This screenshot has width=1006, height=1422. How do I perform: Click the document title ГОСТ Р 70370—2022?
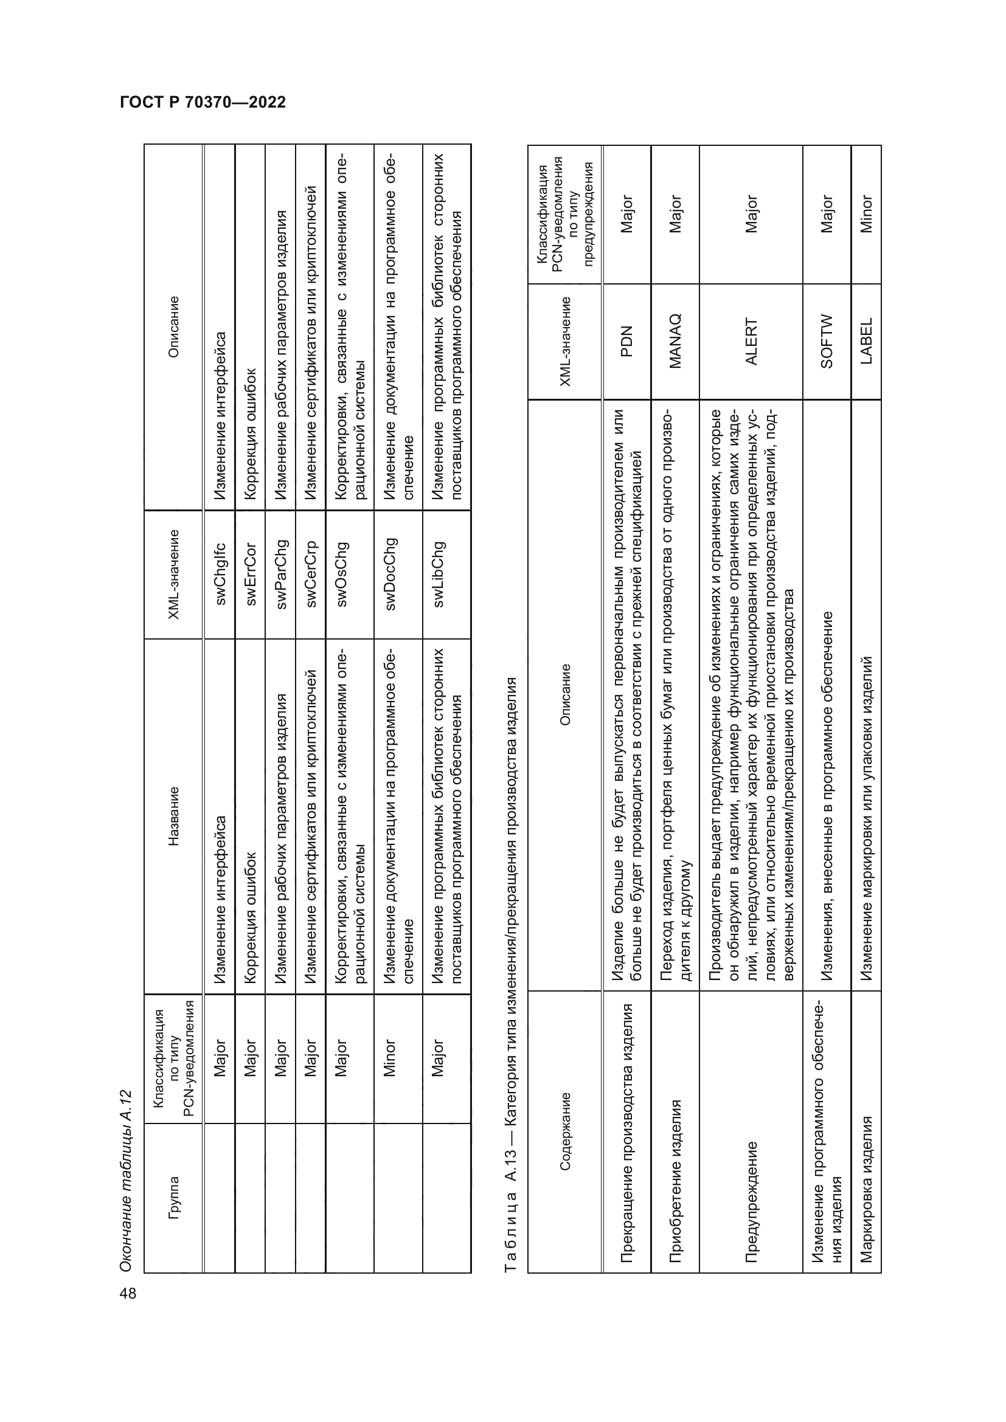tap(203, 102)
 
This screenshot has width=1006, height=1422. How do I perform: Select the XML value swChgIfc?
tap(221, 573)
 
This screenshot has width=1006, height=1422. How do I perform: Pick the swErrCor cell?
tap(250, 573)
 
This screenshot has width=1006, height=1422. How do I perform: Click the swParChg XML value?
tap(280, 573)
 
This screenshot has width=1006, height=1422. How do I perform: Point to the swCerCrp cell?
tap(310, 573)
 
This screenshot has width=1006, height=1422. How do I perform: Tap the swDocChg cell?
tap(390, 573)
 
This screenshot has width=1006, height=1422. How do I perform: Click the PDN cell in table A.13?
tap(626, 341)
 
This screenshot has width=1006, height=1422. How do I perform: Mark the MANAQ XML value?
tap(675, 341)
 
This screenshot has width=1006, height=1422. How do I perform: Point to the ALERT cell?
tap(751, 341)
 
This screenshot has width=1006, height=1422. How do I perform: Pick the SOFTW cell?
tap(827, 341)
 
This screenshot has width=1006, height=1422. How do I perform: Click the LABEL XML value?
tap(866, 341)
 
